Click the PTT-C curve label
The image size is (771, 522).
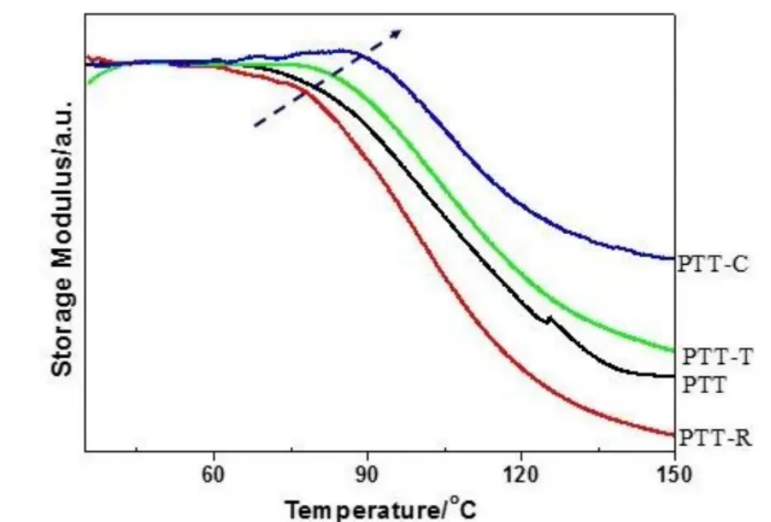[712, 264]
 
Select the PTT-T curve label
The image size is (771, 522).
[717, 356]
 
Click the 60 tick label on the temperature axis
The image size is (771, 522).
[214, 473]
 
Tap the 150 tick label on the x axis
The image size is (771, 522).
[674, 473]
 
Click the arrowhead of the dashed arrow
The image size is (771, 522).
[398, 32]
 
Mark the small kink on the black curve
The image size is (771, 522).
[548, 320]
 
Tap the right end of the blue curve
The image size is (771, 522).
[672, 258]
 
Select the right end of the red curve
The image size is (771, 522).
[672, 434]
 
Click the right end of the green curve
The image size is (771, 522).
[672, 350]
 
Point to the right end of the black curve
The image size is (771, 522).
[672, 376]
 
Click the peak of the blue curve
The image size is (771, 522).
[345, 50]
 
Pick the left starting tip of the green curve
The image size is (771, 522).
[87, 83]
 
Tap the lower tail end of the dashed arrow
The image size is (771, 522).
[256, 126]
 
